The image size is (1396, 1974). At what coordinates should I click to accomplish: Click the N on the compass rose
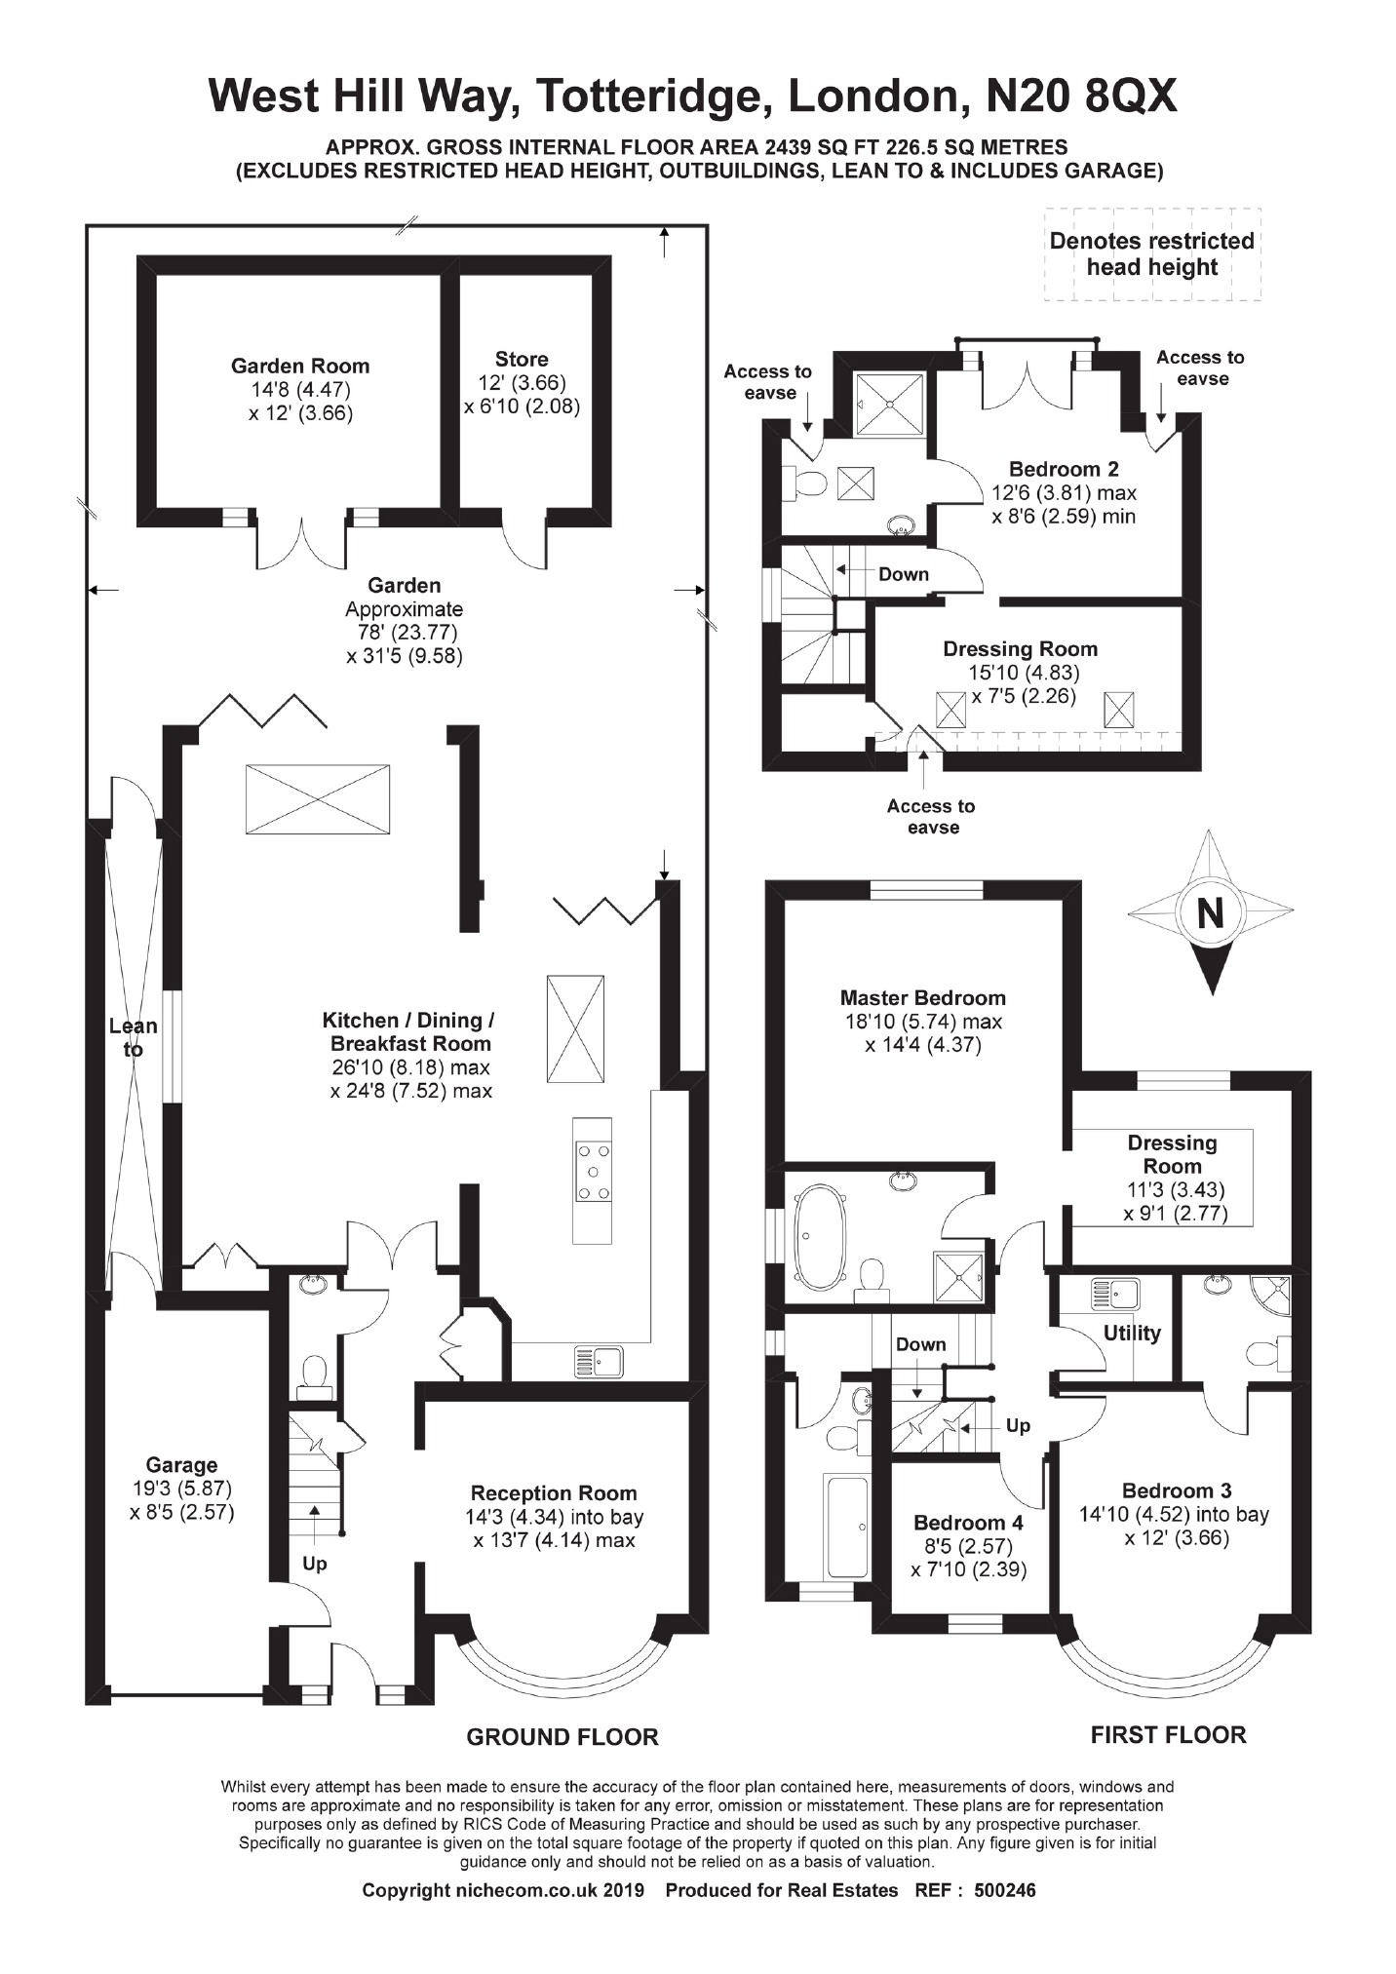[1210, 913]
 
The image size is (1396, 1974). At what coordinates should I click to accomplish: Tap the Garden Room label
[300, 367]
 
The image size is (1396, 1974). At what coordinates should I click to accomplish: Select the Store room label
[522, 359]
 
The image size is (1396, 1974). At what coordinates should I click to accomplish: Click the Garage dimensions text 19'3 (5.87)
[182, 1489]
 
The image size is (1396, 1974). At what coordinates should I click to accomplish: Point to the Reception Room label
[554, 1492]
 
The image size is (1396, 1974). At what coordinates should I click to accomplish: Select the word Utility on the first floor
[1132, 1333]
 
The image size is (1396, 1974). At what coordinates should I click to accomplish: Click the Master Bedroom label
[922, 997]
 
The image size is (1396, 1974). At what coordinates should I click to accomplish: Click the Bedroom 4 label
[969, 1522]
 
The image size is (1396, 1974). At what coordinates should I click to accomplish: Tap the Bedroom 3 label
[1176, 1490]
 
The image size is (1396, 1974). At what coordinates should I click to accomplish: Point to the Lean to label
[133, 1037]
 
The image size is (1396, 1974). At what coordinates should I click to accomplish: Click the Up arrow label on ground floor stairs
[314, 1563]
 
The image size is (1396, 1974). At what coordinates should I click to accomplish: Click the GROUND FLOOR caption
[562, 1736]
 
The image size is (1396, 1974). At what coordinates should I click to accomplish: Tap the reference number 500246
[1005, 1891]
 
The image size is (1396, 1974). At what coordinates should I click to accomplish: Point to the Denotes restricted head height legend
[1151, 253]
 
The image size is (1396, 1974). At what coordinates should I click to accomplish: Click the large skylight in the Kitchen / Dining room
[318, 799]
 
